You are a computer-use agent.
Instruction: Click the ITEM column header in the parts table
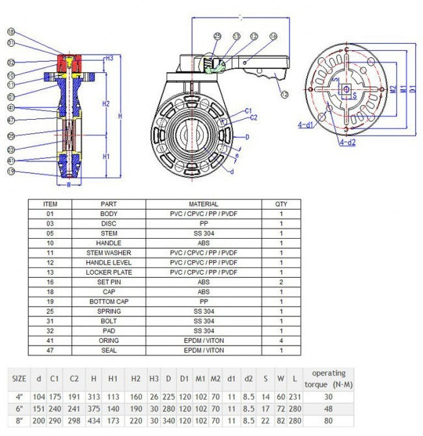[x=49, y=204]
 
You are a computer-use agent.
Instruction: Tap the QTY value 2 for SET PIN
[x=281, y=282]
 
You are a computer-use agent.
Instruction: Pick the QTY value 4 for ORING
[x=281, y=340]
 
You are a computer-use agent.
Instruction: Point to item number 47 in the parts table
[x=49, y=350]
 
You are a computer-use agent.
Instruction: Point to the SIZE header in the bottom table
[x=20, y=378]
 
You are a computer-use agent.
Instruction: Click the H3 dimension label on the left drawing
[x=109, y=59]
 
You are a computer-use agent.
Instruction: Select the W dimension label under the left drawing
[x=69, y=184]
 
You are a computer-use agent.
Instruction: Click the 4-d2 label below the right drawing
[x=347, y=142]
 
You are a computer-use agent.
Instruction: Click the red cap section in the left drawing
[x=70, y=64]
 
